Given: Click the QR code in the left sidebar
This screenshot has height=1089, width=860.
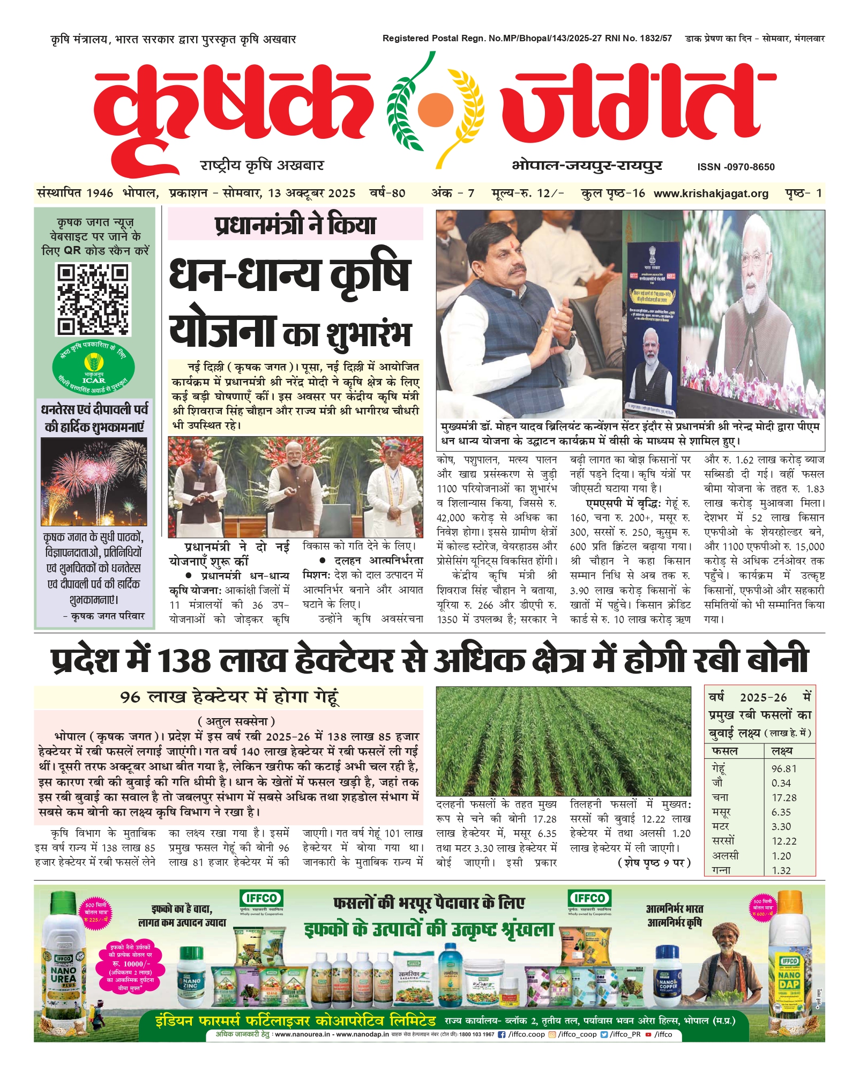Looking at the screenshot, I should tap(93, 299).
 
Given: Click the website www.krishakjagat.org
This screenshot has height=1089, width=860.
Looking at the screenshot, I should tap(711, 193).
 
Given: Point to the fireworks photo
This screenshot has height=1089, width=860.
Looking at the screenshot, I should tap(94, 481).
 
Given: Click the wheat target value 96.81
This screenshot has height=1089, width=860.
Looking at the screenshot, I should tap(784, 769).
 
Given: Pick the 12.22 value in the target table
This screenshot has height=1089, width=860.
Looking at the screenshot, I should tap(784, 841).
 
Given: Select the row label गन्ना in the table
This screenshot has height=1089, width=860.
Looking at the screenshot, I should tap(721, 870).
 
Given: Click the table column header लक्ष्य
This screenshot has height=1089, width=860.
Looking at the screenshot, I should tap(782, 751).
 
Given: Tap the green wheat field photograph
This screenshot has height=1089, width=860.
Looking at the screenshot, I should tap(563, 741).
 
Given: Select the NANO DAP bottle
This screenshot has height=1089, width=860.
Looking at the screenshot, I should tap(789, 968).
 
